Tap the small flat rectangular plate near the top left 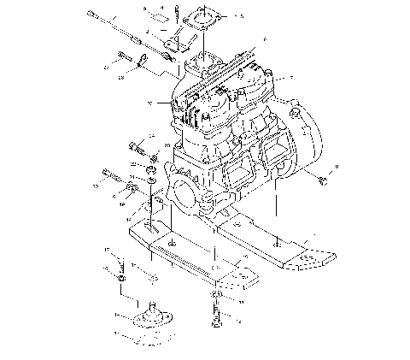[157, 15]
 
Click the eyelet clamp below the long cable [143, 60]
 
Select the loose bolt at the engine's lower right [322, 180]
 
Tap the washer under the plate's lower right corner [216, 296]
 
